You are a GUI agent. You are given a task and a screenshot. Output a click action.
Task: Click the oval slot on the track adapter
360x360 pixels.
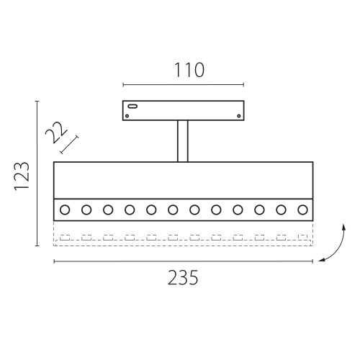[133, 106]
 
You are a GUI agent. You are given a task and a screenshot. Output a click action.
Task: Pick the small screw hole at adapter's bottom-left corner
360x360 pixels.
[128, 114]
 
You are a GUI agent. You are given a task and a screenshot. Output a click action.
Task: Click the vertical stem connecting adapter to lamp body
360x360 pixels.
[183, 141]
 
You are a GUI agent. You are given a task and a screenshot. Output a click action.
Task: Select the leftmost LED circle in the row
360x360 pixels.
[65, 210]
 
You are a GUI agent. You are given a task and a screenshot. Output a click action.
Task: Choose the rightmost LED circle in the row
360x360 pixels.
[302, 210]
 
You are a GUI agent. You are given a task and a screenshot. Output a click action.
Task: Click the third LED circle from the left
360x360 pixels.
[108, 210]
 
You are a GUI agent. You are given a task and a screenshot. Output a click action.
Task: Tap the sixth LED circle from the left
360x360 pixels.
[173, 210]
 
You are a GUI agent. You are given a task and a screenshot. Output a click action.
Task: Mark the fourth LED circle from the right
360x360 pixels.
[238, 210]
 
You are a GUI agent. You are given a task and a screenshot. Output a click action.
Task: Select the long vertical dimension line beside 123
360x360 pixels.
[37, 175]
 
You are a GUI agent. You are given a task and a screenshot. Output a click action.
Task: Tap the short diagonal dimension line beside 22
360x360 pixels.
[69, 144]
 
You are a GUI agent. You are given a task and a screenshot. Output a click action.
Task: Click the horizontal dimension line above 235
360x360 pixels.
[183, 261]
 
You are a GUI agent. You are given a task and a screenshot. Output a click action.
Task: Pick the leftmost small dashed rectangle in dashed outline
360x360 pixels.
[66, 235]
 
